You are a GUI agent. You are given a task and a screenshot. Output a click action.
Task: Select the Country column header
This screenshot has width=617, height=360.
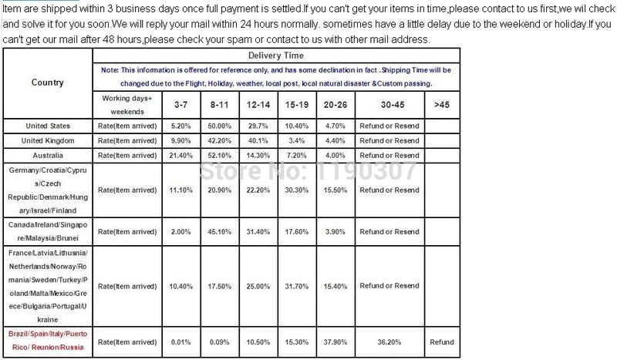[x=48, y=82]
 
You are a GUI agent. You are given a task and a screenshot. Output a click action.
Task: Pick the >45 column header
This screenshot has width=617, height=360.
[x=441, y=104]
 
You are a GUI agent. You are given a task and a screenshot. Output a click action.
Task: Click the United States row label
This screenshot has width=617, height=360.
[x=48, y=126]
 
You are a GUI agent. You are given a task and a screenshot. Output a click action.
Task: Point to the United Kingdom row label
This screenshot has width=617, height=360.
[x=48, y=140]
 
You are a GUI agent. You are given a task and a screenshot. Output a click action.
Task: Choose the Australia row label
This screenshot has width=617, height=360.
[x=48, y=155]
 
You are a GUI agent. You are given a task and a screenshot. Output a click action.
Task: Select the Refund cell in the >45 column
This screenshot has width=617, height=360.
[x=442, y=341]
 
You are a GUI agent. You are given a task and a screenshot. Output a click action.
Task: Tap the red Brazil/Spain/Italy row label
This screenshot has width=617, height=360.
[x=48, y=341]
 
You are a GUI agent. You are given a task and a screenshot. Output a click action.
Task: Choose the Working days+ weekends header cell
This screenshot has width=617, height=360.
[x=127, y=104]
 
